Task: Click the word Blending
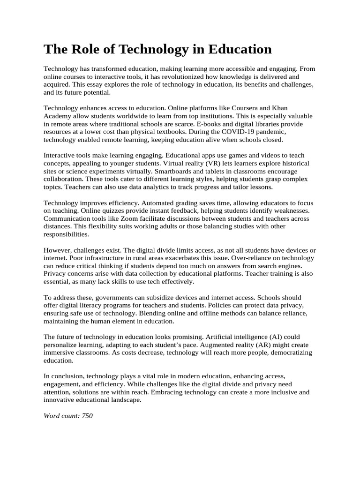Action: [x=196, y=314]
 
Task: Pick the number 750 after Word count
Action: [x=87, y=416]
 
